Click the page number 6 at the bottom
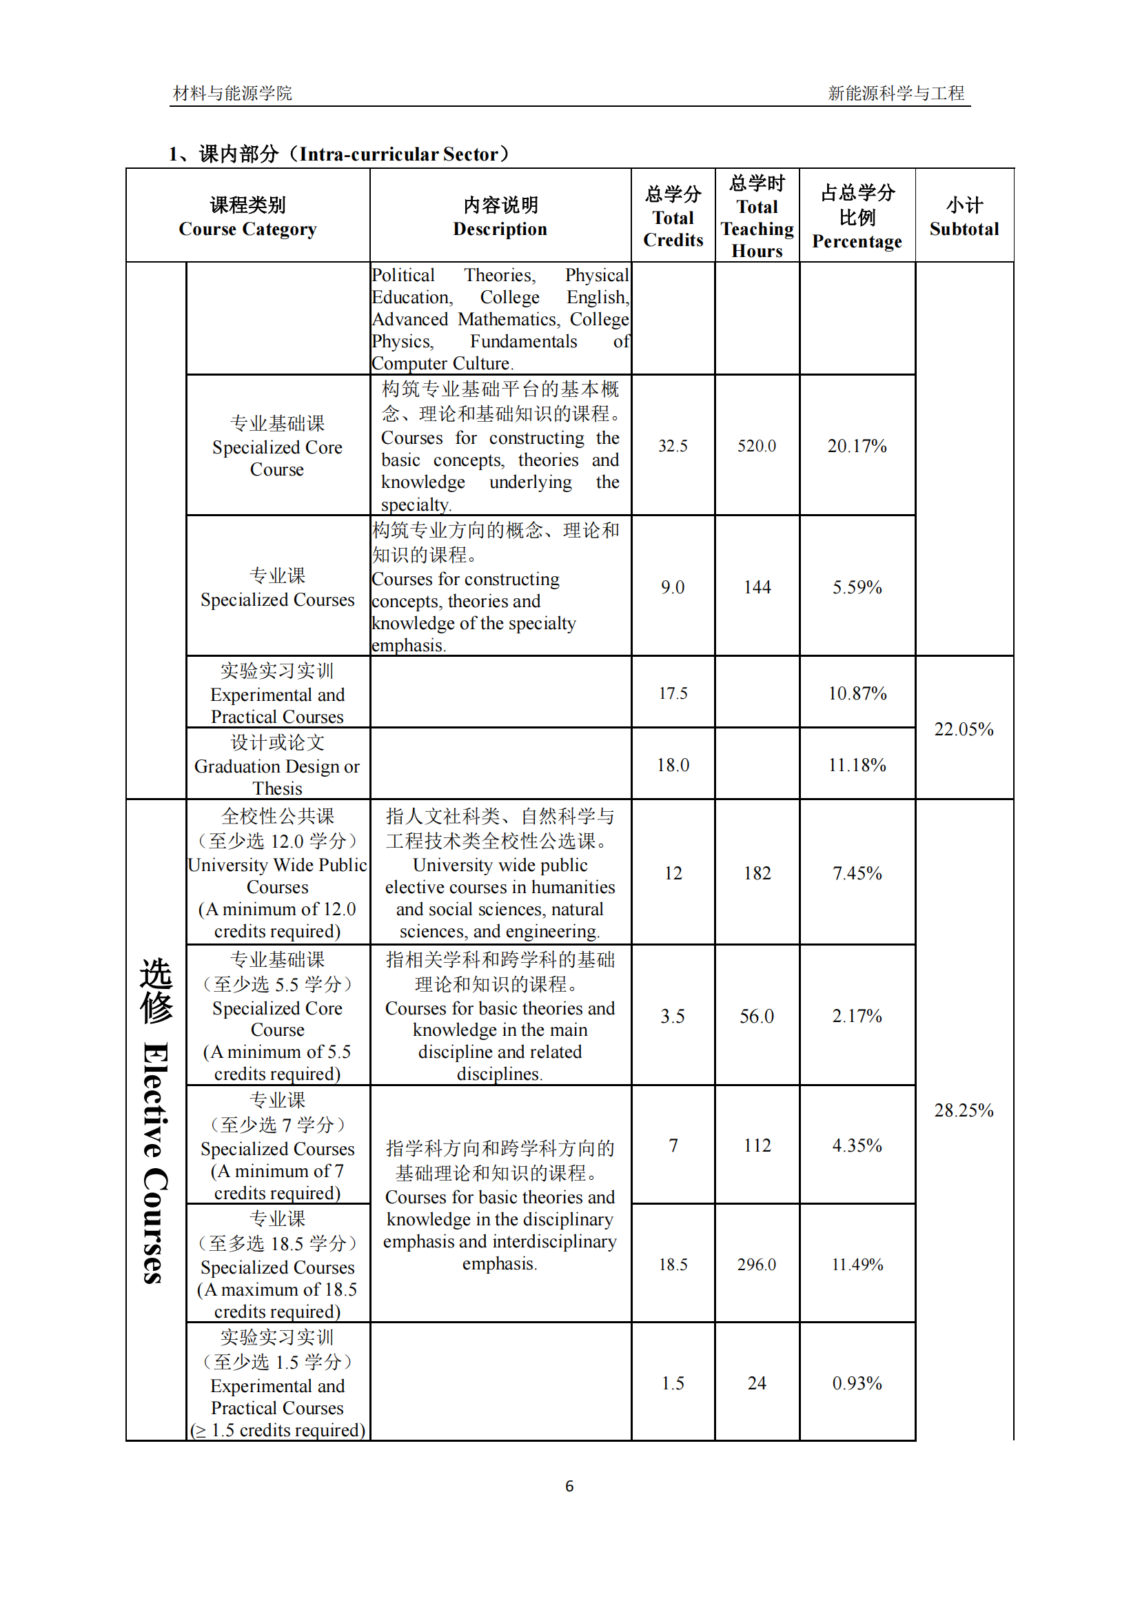point(569,1487)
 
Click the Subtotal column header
point(964,217)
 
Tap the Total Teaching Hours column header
point(757,217)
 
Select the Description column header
point(500,217)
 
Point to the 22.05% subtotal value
point(964,729)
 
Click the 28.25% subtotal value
point(964,1111)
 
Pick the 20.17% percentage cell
point(857,447)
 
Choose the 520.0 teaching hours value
point(757,447)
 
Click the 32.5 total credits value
point(673,447)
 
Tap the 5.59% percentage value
point(857,588)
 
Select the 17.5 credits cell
point(673,694)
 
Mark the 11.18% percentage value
point(857,765)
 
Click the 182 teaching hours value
point(757,873)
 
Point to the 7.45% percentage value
point(857,873)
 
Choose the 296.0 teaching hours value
point(757,1265)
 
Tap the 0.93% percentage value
point(857,1384)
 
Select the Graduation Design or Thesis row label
point(277,766)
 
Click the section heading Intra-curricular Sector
point(339,154)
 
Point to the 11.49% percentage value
point(857,1265)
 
